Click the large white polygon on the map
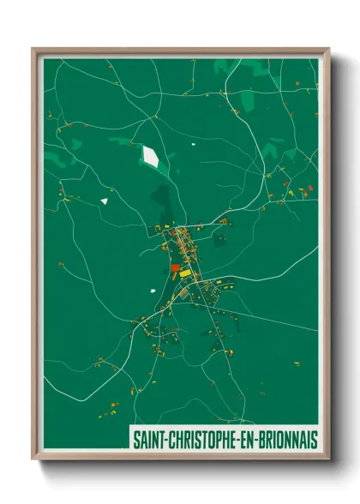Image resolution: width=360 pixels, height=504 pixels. tap(151, 156)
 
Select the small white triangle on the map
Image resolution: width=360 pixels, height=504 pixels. tap(104, 201)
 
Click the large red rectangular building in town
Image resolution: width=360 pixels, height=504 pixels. tap(175, 267)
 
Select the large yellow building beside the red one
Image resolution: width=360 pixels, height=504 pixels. tap(185, 273)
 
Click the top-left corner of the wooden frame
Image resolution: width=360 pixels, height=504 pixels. tap(33, 50)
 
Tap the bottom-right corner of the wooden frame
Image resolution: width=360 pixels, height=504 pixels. tap(327, 459)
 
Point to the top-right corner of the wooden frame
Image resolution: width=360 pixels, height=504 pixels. tap(327, 50)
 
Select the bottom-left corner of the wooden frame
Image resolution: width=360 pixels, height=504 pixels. tap(33, 459)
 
